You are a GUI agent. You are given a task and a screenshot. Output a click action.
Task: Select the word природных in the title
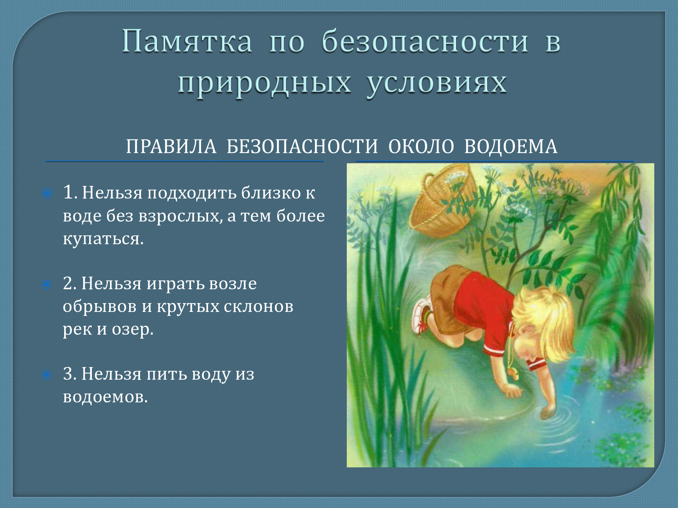coord(264,84)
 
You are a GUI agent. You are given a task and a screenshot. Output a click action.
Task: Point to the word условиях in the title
coord(437,84)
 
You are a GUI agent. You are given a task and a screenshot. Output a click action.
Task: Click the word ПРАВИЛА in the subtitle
coord(171,147)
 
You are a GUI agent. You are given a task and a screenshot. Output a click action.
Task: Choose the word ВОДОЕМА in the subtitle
coord(511,147)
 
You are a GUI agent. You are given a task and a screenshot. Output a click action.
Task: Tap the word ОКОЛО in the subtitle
coord(421,147)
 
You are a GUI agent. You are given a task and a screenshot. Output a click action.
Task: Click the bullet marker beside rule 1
coord(47,194)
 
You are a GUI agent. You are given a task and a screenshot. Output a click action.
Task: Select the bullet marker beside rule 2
coord(47,284)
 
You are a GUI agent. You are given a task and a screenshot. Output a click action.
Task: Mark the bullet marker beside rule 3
coord(47,375)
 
